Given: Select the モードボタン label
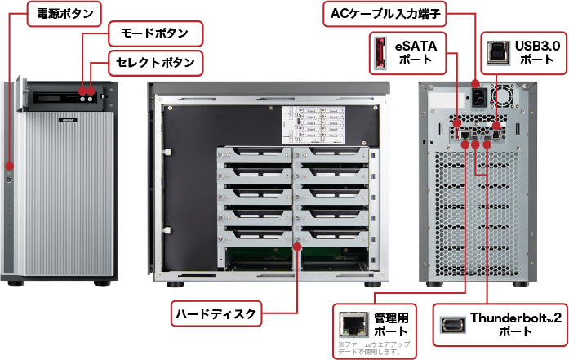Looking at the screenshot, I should tap(155, 34).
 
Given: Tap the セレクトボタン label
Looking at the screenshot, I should tap(155, 62).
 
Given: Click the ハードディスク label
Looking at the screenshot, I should tap(216, 313).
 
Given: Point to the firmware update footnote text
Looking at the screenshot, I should tap(373, 349).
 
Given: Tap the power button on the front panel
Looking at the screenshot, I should tap(9, 179).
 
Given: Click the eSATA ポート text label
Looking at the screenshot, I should tap(416, 52).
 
